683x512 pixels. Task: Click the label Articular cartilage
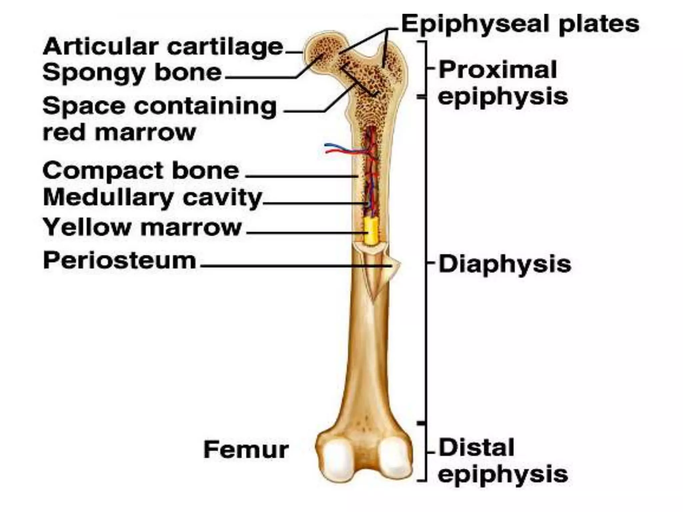click(163, 47)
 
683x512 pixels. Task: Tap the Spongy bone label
click(132, 72)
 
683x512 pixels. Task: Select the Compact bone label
click(141, 171)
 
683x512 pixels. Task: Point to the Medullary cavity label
click(152, 198)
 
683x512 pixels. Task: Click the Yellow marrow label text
click(142, 227)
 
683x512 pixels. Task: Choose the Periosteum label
click(119, 260)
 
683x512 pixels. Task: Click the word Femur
click(246, 450)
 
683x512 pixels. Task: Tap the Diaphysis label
click(505, 264)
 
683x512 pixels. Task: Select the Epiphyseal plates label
click(520, 24)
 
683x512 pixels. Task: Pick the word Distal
click(476, 448)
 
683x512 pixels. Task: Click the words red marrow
click(119, 133)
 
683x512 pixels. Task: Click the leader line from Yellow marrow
click(303, 233)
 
